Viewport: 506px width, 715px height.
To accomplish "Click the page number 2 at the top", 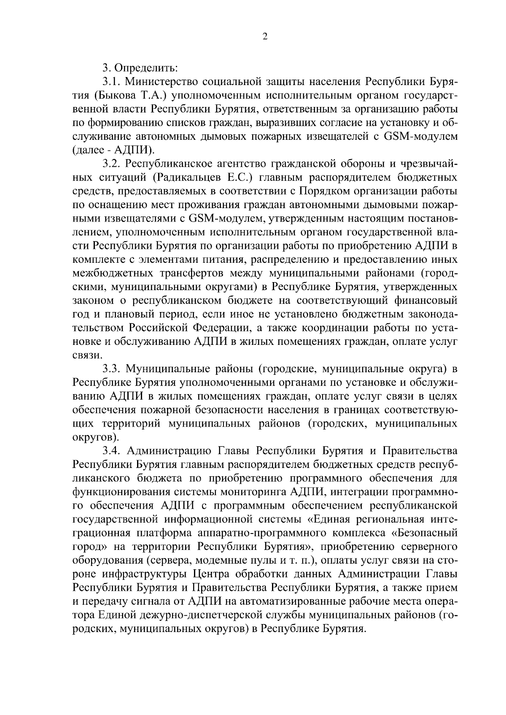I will tap(264, 37).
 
